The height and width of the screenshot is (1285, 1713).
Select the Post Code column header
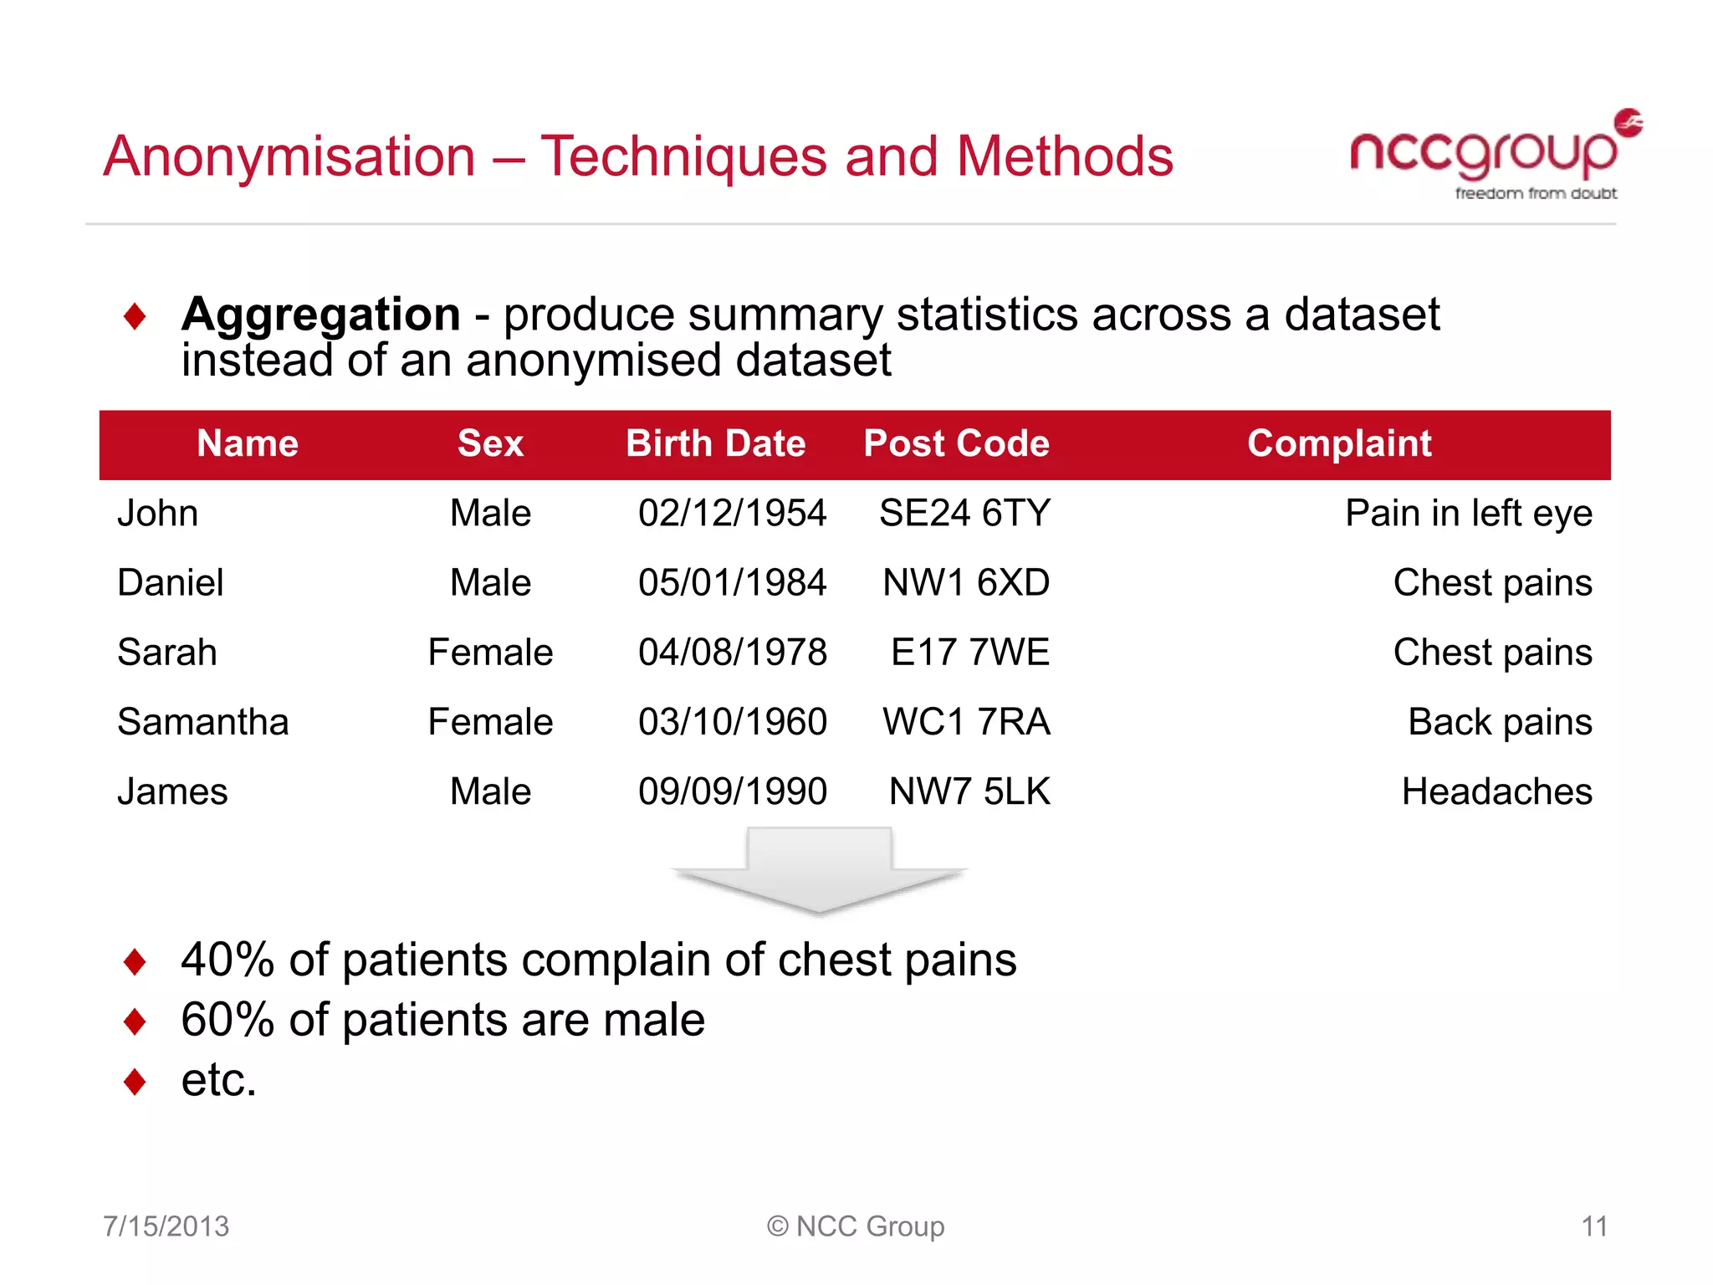[x=956, y=443]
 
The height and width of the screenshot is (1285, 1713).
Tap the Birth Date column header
[x=715, y=443]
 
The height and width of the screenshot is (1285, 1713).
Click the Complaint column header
[x=1339, y=443]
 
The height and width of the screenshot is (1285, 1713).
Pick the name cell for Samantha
[x=203, y=722]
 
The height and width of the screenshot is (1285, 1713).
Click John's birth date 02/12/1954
[x=732, y=513]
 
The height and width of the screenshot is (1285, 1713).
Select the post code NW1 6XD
[x=966, y=583]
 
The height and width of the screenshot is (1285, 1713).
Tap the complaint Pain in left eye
[x=1468, y=513]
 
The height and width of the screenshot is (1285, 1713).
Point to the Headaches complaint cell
[x=1496, y=791]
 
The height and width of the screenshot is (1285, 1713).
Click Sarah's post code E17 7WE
[x=969, y=653]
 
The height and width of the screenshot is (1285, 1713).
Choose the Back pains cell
[x=1500, y=722]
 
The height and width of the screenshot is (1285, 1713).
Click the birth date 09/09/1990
[x=732, y=791]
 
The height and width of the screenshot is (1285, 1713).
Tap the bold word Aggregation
[x=321, y=315]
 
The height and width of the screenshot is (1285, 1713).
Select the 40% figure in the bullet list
[x=228, y=960]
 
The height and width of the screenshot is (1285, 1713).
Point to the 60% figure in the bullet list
[x=228, y=1021]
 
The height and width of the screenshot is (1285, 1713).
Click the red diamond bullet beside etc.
[x=135, y=1082]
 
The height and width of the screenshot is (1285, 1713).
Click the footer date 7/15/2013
[x=166, y=1226]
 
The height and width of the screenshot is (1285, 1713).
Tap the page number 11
[x=1594, y=1226]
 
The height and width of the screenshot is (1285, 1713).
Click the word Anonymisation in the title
[x=289, y=156]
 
